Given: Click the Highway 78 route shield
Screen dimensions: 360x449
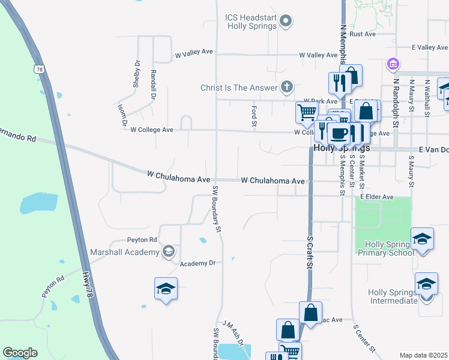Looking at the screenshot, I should point(39,70).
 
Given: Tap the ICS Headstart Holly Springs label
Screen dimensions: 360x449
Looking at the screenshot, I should point(251,22).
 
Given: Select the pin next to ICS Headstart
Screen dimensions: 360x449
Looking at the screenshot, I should point(286,22).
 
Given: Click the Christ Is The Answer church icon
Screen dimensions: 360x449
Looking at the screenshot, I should point(287,88).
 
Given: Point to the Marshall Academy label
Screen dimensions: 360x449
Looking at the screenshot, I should point(123,252).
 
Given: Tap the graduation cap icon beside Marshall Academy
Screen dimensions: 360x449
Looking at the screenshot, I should point(169,251).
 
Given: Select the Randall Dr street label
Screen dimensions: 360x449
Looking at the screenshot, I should point(154,84).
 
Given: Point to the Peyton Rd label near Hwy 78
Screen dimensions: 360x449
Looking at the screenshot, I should point(52,287).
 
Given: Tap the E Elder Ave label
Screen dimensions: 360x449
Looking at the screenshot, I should point(376,197).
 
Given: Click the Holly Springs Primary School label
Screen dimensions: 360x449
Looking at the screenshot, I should point(385,248).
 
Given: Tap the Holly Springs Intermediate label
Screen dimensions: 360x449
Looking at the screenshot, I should point(393,296).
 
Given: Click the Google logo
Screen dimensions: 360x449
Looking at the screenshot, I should point(20,353).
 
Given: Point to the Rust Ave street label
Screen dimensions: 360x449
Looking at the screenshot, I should point(362,34).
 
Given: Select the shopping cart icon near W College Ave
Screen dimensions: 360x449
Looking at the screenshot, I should point(307,112).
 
